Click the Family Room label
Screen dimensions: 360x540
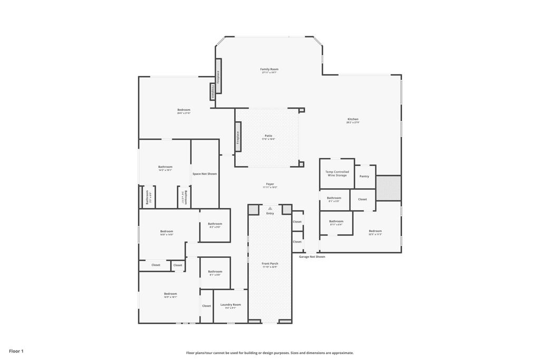tap(269, 69)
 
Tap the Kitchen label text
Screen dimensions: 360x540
tap(352, 119)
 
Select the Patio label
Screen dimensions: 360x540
tap(268, 136)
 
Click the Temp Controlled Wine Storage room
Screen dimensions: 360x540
tap(336, 173)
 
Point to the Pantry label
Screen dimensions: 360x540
tap(364, 176)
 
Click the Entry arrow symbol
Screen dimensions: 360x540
tap(270, 209)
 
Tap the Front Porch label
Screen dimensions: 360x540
tap(270, 264)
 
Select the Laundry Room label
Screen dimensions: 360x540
tap(230, 305)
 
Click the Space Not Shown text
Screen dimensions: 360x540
tap(205, 174)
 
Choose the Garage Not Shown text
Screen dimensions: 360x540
tap(312, 257)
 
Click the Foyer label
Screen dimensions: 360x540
tap(270, 184)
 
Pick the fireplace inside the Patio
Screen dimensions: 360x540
tap(238, 138)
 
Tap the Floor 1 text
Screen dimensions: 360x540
tap(16, 351)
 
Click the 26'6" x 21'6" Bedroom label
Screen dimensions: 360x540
tap(184, 110)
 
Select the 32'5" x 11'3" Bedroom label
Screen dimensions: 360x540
tap(375, 231)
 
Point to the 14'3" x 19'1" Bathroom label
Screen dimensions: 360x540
tap(165, 167)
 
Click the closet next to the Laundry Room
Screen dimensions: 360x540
tap(206, 306)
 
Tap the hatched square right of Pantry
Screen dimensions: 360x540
tap(389, 188)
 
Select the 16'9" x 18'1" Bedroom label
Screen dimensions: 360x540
tap(170, 294)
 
